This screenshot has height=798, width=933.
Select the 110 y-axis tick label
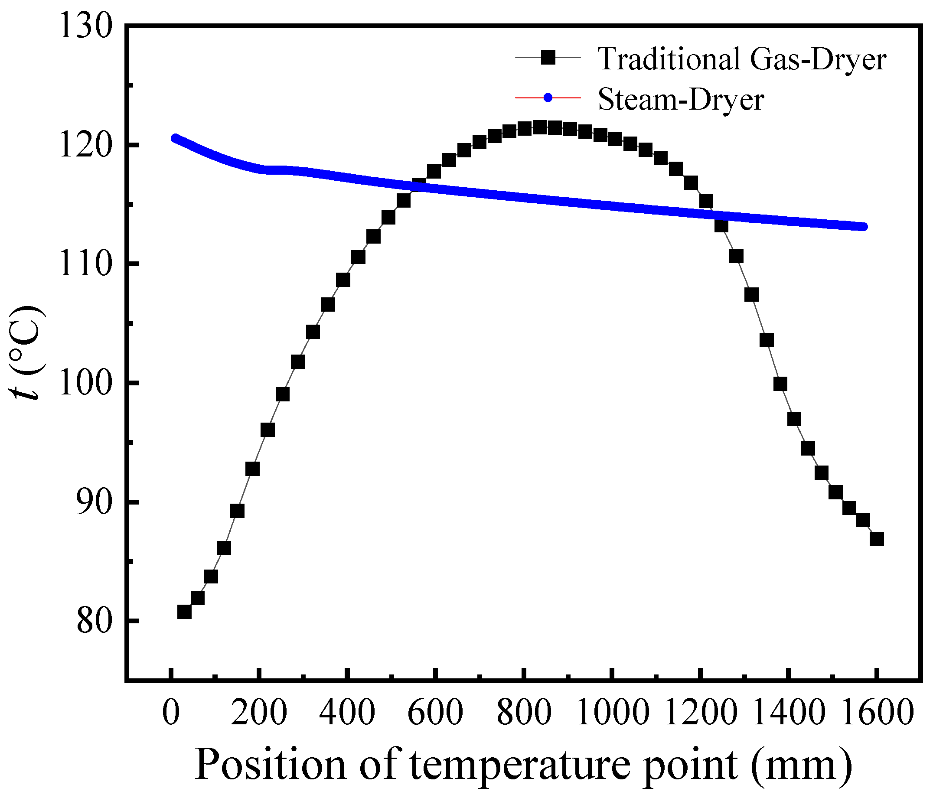coord(85,265)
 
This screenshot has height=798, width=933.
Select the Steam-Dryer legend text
coord(681,99)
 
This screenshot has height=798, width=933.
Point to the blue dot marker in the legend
coord(548,97)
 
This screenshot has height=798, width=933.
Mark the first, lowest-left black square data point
coord(184,612)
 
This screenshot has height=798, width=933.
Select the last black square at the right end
coord(876,539)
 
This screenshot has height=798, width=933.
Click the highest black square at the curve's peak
coord(539,127)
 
